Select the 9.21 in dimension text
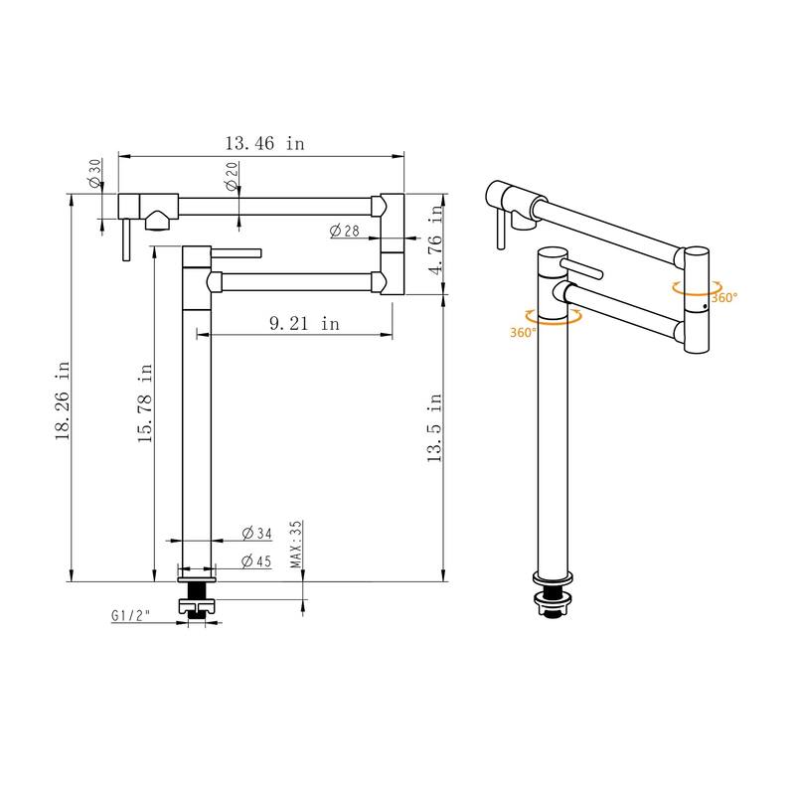(x=304, y=323)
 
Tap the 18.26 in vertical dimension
(x=63, y=400)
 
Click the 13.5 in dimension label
(x=433, y=427)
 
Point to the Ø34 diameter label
(x=256, y=534)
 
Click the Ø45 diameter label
(x=256, y=561)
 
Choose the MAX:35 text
(x=295, y=545)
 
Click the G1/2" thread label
(x=130, y=616)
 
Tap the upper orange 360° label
(x=723, y=296)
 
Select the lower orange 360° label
(x=523, y=333)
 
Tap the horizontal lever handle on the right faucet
(x=584, y=269)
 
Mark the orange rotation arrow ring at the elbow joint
(x=696, y=288)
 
